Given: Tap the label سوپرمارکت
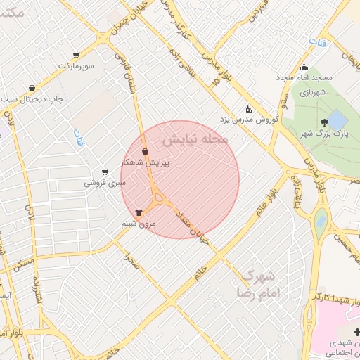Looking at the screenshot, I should click(x=75, y=65).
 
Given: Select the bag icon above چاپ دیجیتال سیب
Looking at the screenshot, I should click(x=32, y=89).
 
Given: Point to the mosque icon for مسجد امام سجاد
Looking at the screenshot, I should click(x=304, y=68).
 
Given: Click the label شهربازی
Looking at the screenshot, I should click(x=314, y=92).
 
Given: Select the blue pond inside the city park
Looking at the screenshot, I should click(x=337, y=117).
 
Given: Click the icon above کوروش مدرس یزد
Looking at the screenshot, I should click(x=248, y=109).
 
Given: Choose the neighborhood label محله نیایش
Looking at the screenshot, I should click(x=196, y=135).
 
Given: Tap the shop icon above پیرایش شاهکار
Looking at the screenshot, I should click(x=145, y=151).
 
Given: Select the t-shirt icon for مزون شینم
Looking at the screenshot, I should click(x=139, y=212).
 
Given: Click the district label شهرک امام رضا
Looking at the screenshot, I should click(x=256, y=283).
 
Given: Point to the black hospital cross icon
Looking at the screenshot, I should click(x=357, y=332).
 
